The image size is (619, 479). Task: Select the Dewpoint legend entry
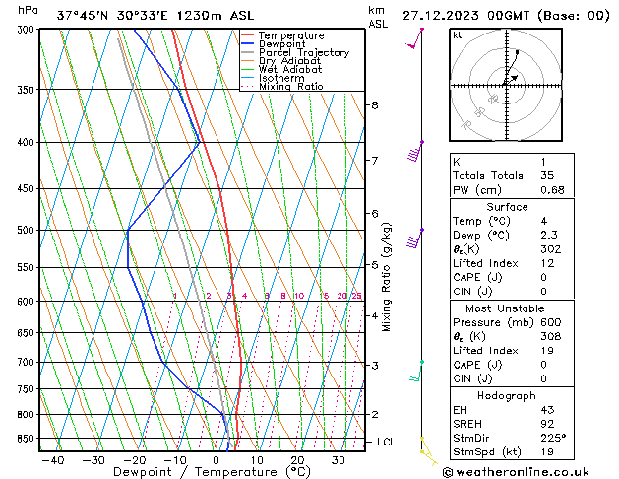tap(286, 44)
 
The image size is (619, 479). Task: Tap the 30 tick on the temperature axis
tap(338, 460)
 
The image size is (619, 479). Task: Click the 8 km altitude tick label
tap(375, 105)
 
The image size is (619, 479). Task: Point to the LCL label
tap(386, 443)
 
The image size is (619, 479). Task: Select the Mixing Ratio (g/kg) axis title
tap(387, 277)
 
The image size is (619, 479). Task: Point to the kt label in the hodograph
tap(458, 35)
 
